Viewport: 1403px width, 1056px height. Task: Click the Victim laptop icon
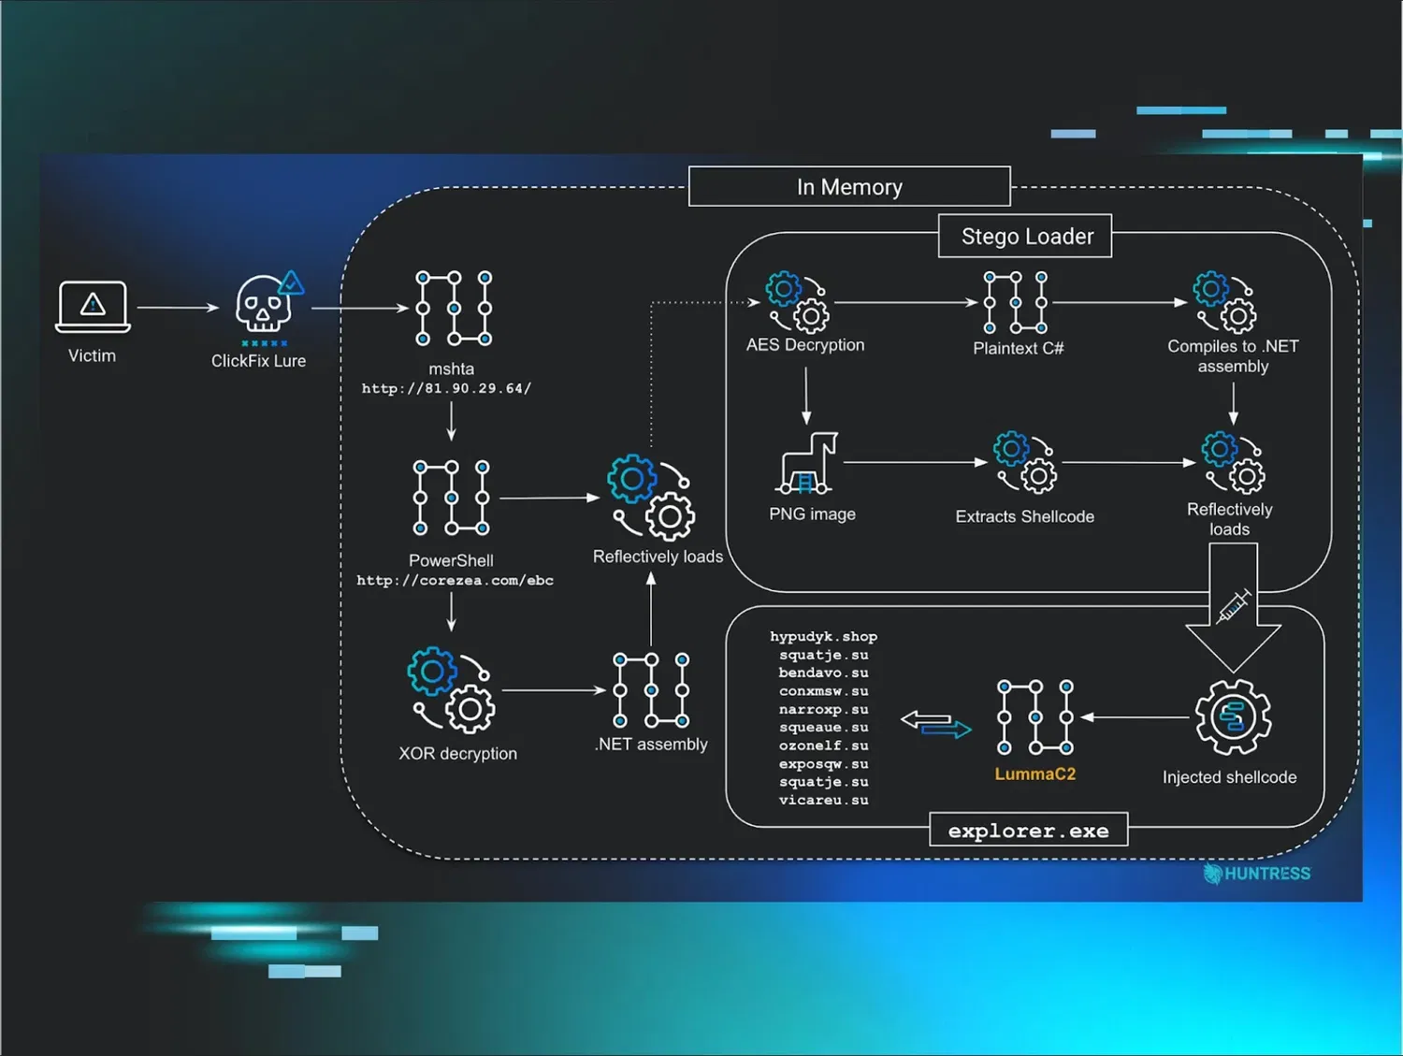click(x=93, y=306)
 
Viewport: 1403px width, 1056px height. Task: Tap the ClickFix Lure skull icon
click(x=264, y=304)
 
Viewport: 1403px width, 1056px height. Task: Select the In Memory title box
click(x=849, y=187)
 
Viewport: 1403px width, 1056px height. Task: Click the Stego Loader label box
click(x=1026, y=237)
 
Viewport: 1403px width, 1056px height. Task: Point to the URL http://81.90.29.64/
click(x=446, y=389)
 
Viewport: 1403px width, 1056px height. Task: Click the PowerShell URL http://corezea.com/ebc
click(x=455, y=581)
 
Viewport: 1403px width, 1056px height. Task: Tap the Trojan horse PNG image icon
click(x=807, y=463)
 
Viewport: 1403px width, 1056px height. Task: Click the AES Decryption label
click(x=805, y=345)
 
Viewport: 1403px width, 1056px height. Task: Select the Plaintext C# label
click(x=1018, y=349)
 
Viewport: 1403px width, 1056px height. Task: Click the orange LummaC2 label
click(x=1034, y=774)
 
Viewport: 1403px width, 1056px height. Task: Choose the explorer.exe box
click(x=1028, y=831)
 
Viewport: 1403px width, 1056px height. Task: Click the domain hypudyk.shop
click(x=823, y=637)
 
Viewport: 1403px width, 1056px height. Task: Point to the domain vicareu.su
click(x=823, y=801)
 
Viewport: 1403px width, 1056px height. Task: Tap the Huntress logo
click(x=1257, y=874)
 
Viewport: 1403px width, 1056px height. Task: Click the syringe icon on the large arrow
click(x=1233, y=606)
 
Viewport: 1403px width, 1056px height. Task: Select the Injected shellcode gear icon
click(x=1233, y=717)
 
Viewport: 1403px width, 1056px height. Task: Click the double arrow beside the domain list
click(x=935, y=724)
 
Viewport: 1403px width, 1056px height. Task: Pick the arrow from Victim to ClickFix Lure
click(x=178, y=308)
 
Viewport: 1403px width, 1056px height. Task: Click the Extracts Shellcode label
click(x=1024, y=517)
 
